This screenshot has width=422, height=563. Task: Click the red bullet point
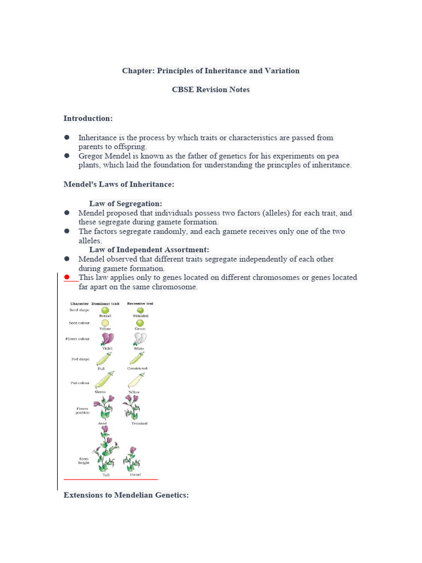[x=67, y=278]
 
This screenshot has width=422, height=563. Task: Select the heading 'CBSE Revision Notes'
[x=210, y=89]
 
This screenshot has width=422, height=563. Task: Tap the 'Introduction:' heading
[x=88, y=118]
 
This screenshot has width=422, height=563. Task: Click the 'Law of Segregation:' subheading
[x=125, y=203]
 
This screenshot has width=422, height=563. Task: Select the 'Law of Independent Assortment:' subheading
[x=149, y=250]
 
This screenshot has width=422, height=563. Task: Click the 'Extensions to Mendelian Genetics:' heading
[x=126, y=495]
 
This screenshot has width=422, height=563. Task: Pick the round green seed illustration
[x=105, y=310]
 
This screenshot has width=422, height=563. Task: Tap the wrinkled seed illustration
[x=140, y=310]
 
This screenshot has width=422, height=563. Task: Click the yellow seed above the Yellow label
[x=105, y=323]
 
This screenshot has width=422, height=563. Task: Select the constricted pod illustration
[x=137, y=358]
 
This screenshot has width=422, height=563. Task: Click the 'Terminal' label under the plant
[x=139, y=423]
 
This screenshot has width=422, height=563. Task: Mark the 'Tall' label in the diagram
[x=106, y=474]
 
